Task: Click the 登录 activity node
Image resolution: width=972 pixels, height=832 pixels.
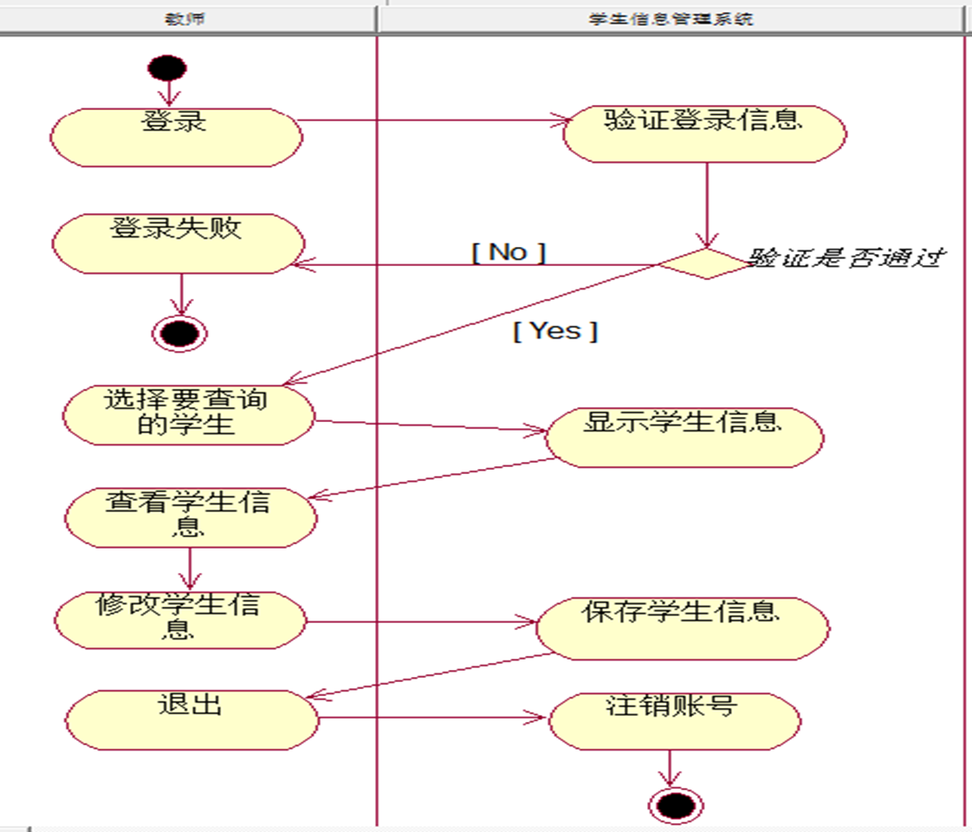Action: click(176, 136)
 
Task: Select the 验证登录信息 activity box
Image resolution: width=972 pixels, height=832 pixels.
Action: click(703, 133)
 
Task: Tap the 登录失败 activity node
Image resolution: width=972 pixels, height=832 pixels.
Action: click(178, 244)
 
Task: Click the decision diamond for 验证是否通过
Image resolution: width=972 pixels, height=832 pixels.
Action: click(706, 263)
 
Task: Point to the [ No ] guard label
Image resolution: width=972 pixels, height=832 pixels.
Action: click(509, 252)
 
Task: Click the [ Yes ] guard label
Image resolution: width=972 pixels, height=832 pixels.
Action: click(555, 330)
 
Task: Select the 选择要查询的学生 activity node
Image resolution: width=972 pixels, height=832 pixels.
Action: click(188, 414)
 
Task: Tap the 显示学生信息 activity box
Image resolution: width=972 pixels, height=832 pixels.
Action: click(683, 437)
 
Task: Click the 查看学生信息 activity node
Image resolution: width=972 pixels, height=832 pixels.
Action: click(190, 517)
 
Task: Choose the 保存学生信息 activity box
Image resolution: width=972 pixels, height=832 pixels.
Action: click(682, 626)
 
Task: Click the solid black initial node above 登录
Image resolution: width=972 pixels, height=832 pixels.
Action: click(168, 68)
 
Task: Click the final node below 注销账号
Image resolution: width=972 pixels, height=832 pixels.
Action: click(675, 806)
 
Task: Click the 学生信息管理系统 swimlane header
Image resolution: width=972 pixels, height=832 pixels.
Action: click(671, 18)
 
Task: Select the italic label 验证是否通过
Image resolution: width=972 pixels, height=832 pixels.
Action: click(846, 257)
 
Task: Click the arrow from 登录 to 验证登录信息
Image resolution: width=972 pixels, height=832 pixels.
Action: click(433, 120)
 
